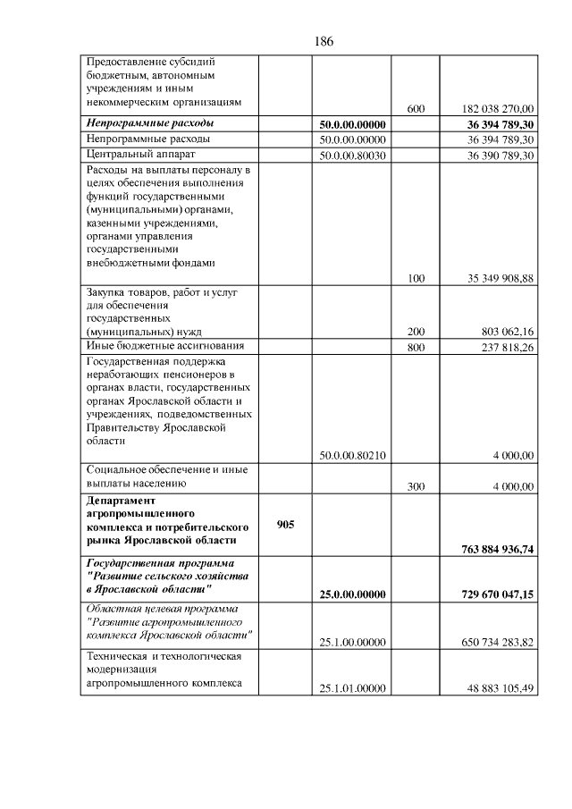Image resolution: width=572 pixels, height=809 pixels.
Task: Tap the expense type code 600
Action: pos(416,108)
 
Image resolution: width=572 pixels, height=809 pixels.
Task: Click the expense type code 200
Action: pos(416,331)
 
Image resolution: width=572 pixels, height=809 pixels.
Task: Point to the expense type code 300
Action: pos(416,486)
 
